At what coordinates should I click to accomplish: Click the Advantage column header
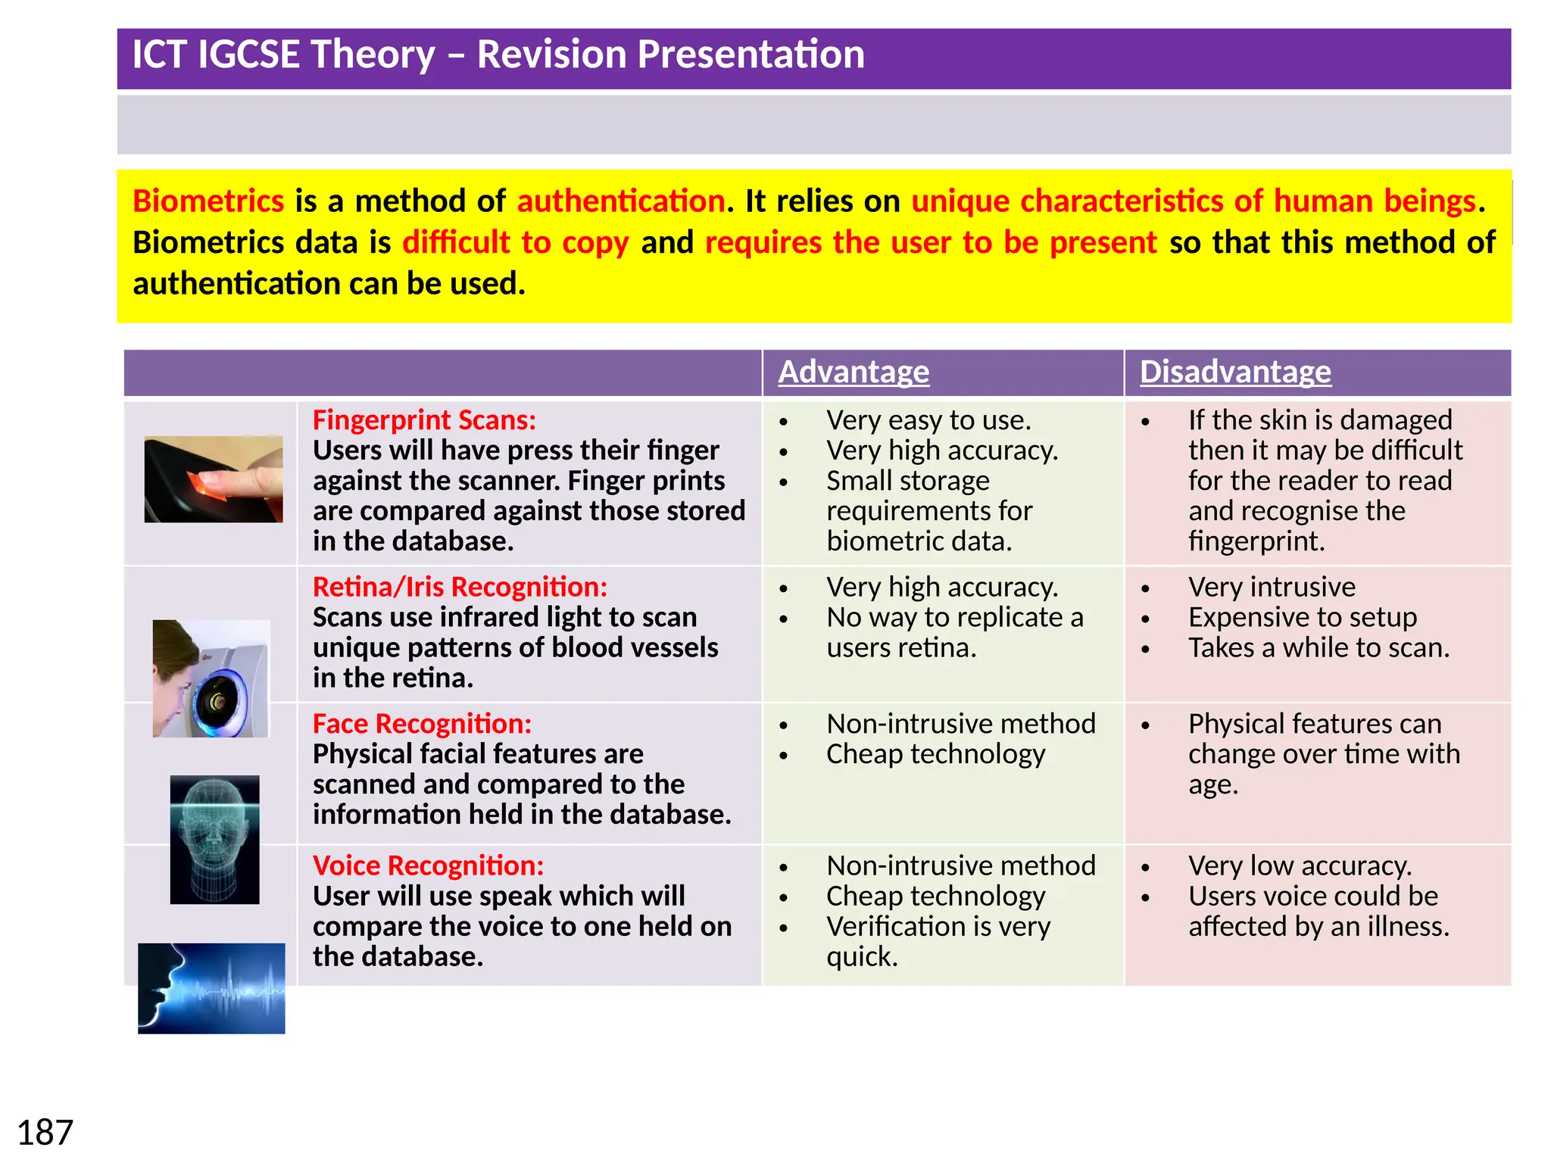click(x=854, y=372)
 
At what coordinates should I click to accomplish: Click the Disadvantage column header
click(x=1235, y=372)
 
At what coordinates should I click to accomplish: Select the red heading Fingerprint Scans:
click(x=424, y=420)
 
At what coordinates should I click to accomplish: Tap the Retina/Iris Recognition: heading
click(x=460, y=588)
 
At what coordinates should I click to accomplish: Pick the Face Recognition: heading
click(x=422, y=724)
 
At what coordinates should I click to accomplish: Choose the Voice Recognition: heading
click(x=428, y=865)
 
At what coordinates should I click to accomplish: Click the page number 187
click(x=45, y=1133)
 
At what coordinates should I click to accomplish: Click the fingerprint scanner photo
click(x=214, y=479)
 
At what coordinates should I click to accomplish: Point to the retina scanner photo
click(x=211, y=678)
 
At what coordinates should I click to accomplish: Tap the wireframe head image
click(x=214, y=839)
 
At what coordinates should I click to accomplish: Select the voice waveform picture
click(x=211, y=988)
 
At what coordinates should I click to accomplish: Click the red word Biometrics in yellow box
click(x=208, y=201)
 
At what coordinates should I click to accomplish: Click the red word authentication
click(x=621, y=201)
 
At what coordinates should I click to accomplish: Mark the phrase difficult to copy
click(x=516, y=243)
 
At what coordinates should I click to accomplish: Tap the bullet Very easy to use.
click(x=928, y=420)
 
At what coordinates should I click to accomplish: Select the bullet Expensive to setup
click(x=1302, y=618)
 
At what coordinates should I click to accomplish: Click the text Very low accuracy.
click(x=1300, y=865)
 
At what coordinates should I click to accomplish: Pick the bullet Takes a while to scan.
click(x=1319, y=648)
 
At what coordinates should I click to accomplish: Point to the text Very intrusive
click(x=1272, y=588)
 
